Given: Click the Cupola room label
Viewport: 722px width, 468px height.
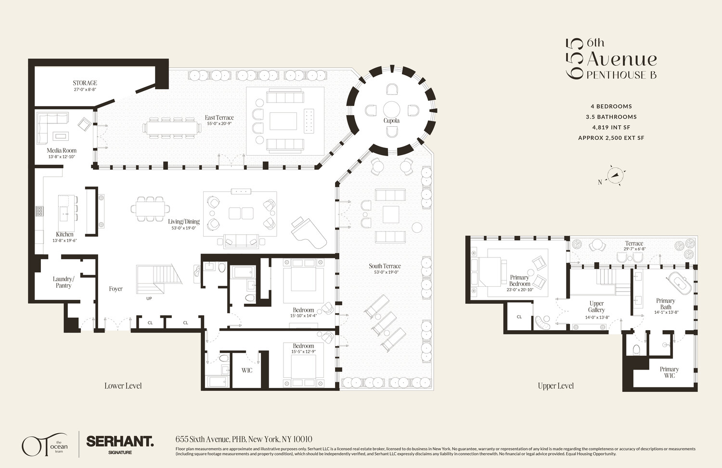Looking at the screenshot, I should click(x=391, y=120).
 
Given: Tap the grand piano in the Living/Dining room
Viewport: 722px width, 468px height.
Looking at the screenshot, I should click(x=309, y=232).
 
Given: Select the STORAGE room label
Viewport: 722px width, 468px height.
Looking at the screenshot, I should click(x=85, y=83).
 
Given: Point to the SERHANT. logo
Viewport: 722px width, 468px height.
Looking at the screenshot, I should click(x=119, y=441).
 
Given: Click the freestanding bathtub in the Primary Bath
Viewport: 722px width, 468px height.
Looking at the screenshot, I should click(x=679, y=284).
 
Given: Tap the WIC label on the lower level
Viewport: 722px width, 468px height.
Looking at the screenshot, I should click(x=247, y=370).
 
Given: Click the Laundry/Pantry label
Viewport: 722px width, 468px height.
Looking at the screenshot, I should click(x=64, y=282).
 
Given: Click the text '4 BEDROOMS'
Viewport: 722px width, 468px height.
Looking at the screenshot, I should click(x=611, y=107).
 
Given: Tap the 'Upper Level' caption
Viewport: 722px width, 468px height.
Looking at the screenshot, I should click(x=555, y=386).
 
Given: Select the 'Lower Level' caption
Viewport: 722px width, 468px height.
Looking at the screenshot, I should click(x=123, y=386).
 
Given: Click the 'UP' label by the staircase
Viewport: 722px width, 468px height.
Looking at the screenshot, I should click(x=149, y=298).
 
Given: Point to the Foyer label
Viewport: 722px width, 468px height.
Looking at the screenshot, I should click(x=116, y=289).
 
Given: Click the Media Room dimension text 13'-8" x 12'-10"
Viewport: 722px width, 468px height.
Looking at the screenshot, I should click(x=62, y=157).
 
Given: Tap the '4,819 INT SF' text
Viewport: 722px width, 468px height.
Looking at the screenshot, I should click(x=611, y=127).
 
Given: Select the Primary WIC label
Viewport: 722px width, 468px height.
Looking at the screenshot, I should click(x=669, y=372).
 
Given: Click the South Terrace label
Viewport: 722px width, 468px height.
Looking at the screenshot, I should click(x=385, y=266).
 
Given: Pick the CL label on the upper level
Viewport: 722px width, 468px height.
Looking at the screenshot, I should click(x=519, y=317).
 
